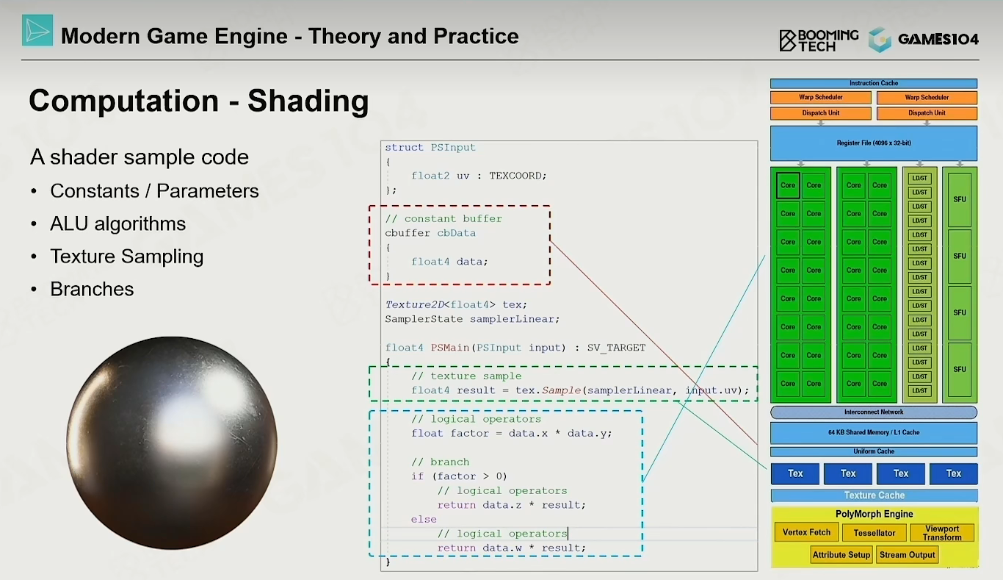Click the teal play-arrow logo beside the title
37,30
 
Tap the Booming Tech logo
819,40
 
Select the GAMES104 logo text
938,40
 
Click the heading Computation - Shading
199,101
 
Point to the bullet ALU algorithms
117,223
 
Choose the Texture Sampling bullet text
127,257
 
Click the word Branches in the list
92,289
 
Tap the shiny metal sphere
172,443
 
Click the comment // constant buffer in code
443,219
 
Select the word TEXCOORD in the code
518,176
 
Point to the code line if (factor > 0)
459,476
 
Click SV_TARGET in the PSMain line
616,348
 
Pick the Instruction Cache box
874,83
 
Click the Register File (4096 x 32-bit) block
874,143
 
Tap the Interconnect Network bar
874,412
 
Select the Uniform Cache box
874,451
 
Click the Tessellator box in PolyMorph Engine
874,533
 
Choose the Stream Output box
907,555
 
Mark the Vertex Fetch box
806,532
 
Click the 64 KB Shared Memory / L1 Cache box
874,432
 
